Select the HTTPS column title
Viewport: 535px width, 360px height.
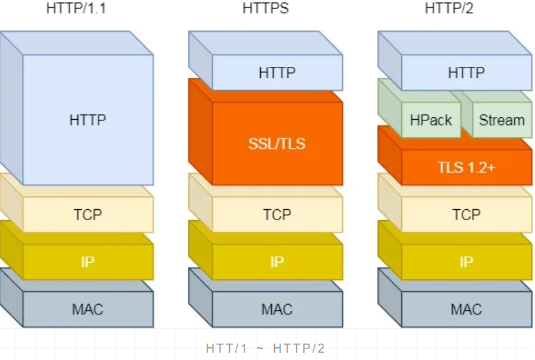click(266, 9)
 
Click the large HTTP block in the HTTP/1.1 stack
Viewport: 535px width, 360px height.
click(88, 119)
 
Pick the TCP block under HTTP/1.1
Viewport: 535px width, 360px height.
click(88, 215)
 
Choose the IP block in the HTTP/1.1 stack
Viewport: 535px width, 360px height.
click(88, 262)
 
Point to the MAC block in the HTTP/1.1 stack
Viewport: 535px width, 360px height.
click(88, 309)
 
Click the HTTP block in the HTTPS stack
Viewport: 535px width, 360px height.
click(277, 72)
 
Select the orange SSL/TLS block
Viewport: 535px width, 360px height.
click(277, 144)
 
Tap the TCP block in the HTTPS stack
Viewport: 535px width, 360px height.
click(277, 215)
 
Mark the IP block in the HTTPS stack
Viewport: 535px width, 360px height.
click(277, 262)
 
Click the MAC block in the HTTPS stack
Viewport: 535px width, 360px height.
click(277, 309)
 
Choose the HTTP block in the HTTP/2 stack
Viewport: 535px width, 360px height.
click(466, 72)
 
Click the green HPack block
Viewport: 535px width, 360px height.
click(430, 120)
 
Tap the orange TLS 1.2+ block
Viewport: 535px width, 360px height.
click(466, 167)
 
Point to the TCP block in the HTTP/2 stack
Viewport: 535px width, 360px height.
click(466, 215)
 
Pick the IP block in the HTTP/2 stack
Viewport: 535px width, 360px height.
click(466, 262)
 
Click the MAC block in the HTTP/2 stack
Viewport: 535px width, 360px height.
click(466, 309)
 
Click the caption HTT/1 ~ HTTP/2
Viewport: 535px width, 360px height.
click(266, 348)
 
